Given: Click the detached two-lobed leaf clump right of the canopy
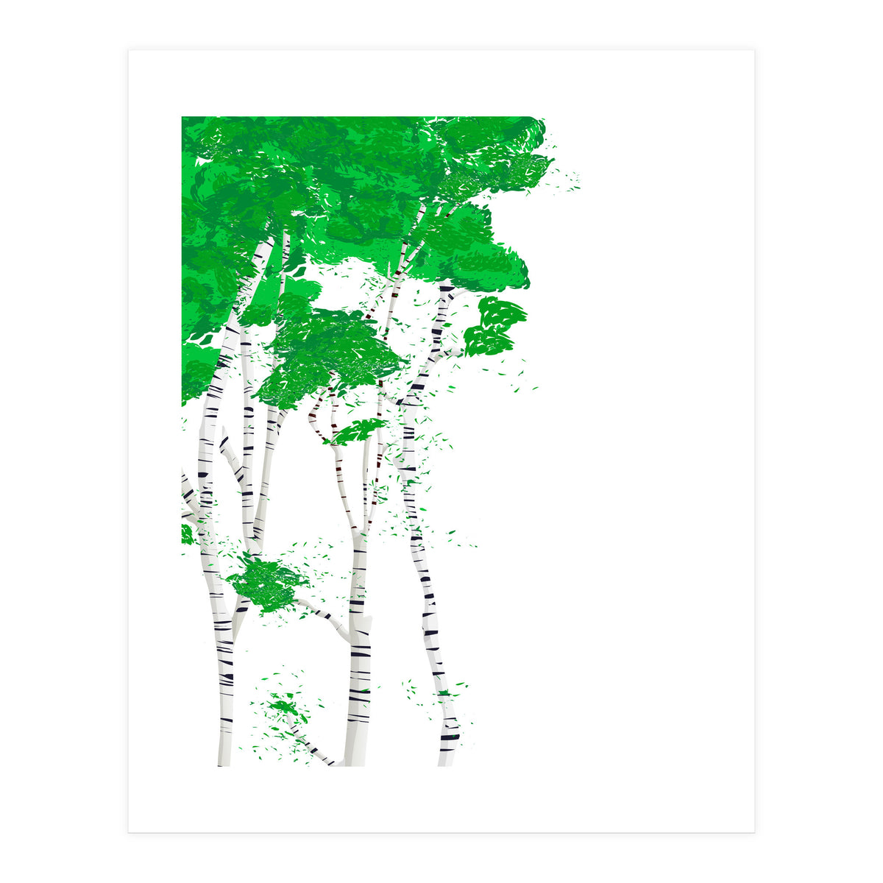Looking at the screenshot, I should click(x=496, y=325).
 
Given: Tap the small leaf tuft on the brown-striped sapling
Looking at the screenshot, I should click(x=358, y=432).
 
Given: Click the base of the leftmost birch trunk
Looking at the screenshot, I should click(x=224, y=758).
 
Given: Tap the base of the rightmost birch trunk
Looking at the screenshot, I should click(x=447, y=758).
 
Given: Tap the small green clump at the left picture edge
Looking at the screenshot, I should click(x=186, y=533).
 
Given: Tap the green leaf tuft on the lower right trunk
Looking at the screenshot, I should click(x=444, y=693).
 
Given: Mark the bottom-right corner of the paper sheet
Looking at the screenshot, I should click(x=753, y=832).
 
